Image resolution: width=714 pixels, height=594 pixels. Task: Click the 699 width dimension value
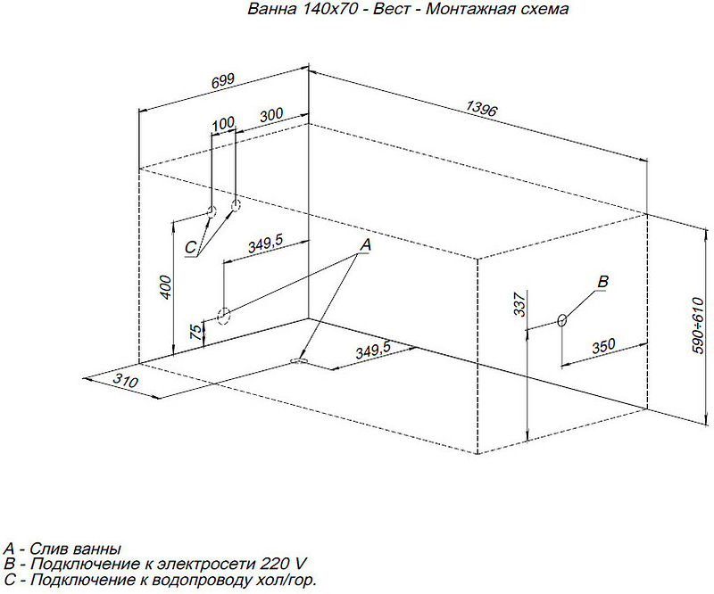[x=223, y=80]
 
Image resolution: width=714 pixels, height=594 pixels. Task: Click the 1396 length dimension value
[x=482, y=108]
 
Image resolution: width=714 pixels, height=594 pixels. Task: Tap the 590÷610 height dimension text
[x=698, y=325]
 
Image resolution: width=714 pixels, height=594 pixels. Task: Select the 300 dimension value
[x=271, y=114]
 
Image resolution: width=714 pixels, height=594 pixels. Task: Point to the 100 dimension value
[x=223, y=123]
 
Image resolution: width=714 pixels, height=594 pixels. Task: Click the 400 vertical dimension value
[x=166, y=287]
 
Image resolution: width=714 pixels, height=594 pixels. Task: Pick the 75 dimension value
[x=195, y=332]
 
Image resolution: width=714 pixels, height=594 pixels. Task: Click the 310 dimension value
[x=125, y=380]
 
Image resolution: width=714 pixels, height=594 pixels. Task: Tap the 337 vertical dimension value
[x=519, y=304]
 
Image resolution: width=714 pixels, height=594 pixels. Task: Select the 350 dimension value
[x=603, y=346]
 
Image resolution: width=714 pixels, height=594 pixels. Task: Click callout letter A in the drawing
[x=366, y=245]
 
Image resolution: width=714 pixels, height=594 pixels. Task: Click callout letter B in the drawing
[x=602, y=282]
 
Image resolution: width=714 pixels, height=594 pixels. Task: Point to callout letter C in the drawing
[x=190, y=248]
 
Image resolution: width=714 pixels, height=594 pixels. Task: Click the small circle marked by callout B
[x=562, y=320]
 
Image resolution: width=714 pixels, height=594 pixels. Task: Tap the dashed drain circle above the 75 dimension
[x=223, y=316]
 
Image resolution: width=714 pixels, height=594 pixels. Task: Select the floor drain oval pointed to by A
[x=299, y=361]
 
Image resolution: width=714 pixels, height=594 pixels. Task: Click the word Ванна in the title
[x=272, y=9]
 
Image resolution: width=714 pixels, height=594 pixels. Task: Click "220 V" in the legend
[x=283, y=565]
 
